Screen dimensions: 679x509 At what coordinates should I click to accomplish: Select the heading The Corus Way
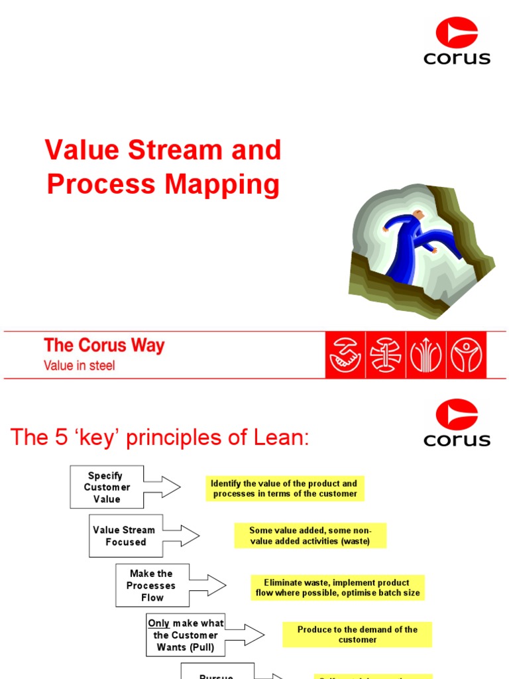[x=104, y=345]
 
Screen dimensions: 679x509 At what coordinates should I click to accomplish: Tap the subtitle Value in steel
[x=79, y=365]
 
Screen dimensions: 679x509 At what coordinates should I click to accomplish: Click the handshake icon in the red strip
[x=345, y=355]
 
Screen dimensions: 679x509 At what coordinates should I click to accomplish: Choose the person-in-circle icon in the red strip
[x=467, y=355]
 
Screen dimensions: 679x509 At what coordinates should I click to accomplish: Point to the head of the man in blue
[x=418, y=216]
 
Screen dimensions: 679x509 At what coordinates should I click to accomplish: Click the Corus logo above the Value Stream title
[x=457, y=41]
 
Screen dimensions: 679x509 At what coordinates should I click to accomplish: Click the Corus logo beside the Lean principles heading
[x=457, y=423]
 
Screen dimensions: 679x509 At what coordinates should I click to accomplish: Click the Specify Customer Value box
[x=106, y=487]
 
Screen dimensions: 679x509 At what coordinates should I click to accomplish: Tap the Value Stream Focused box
[x=125, y=536]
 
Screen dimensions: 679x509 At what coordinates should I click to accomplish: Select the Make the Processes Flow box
[x=152, y=586]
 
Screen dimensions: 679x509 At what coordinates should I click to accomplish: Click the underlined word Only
[x=158, y=623]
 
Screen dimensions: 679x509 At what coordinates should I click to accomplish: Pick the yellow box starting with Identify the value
[x=284, y=489]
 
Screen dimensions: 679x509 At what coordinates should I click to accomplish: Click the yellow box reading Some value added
[x=310, y=536]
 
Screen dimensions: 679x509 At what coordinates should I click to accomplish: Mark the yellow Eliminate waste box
[x=337, y=587]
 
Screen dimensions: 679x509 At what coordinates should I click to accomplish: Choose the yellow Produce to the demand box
[x=357, y=635]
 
